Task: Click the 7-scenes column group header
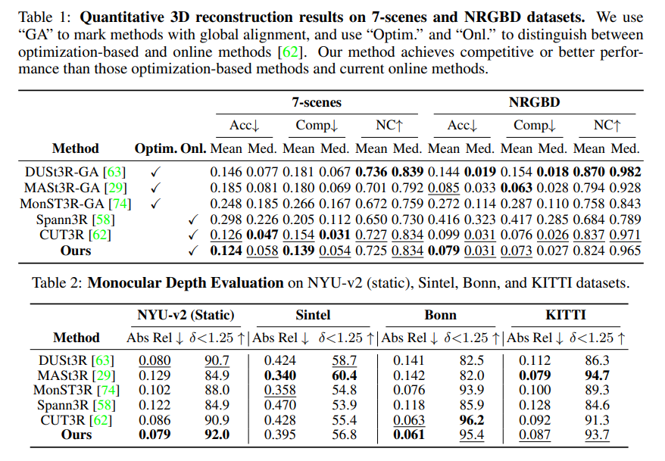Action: (x=317, y=101)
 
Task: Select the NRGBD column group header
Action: (x=535, y=101)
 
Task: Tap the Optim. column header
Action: (x=155, y=148)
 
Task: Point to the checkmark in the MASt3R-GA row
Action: (x=156, y=188)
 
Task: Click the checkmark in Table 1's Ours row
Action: (x=192, y=251)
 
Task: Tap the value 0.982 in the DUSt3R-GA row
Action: (x=625, y=172)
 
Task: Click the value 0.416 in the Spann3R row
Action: (x=444, y=219)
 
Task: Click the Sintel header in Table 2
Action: (x=312, y=314)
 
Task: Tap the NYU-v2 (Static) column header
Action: (x=186, y=314)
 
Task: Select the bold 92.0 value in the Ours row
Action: (x=217, y=434)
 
